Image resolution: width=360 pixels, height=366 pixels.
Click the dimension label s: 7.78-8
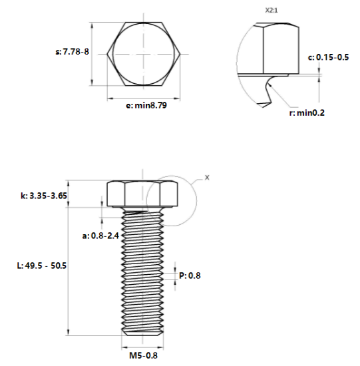pos(72,52)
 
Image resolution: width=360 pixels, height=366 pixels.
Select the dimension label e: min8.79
pos(146,105)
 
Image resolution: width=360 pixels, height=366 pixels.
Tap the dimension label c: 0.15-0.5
pos(328,57)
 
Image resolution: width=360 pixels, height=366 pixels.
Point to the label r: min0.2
pos(307,113)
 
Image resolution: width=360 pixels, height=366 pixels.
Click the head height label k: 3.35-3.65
pos(44,196)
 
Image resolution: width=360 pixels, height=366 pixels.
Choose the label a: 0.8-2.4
pos(100,236)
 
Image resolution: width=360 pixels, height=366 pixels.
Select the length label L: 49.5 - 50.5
pos(42,266)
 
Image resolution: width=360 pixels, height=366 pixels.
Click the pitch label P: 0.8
pos(190,275)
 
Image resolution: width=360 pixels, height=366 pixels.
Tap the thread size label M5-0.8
pos(143,355)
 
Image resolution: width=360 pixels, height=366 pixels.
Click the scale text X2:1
pos(271,11)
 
